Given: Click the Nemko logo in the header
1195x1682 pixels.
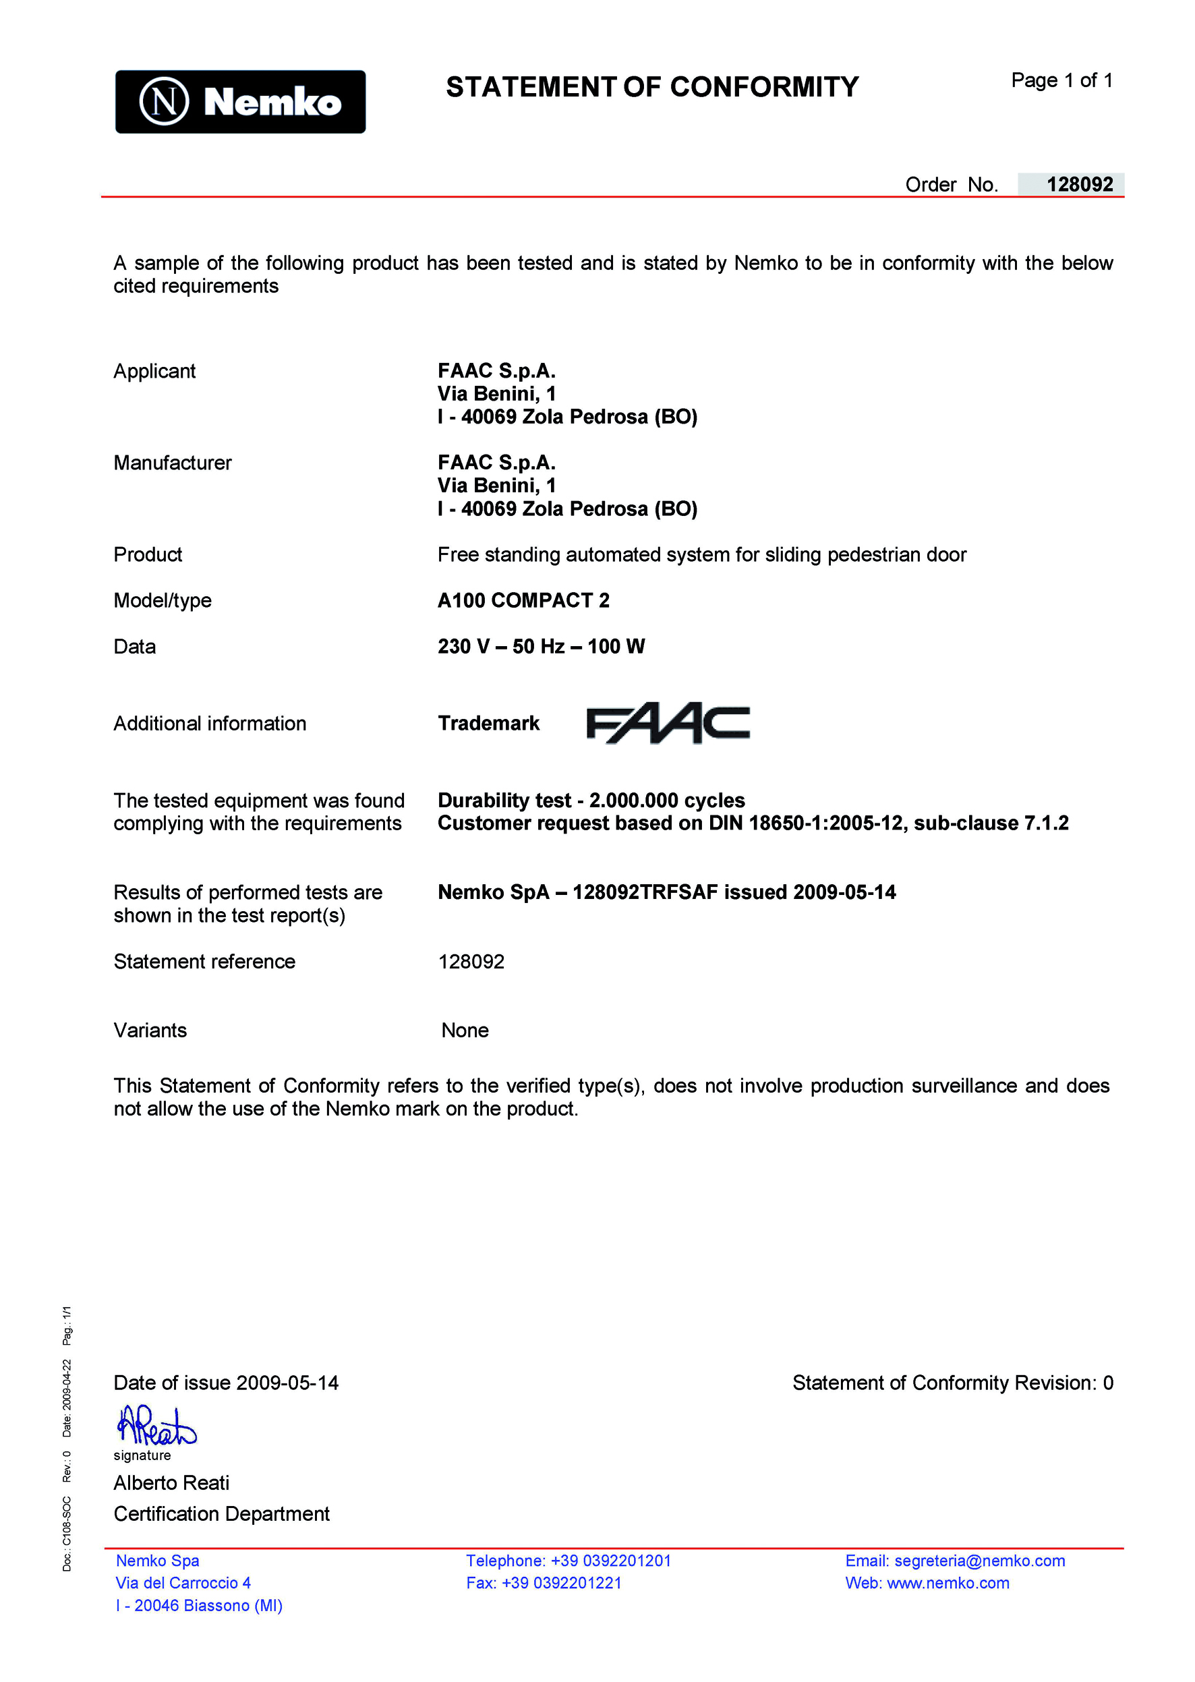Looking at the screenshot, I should click(x=240, y=102).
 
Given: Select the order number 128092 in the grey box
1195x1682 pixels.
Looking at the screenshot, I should click(x=1079, y=184).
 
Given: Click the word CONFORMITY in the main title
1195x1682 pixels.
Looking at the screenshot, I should click(x=764, y=87).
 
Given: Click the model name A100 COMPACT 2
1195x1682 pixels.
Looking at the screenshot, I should click(x=523, y=600).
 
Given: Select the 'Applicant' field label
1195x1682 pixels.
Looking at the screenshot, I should click(x=154, y=371).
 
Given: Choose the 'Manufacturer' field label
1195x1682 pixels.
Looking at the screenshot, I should click(x=172, y=463).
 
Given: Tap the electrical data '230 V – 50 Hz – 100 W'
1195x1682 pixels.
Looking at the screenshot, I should click(x=541, y=646).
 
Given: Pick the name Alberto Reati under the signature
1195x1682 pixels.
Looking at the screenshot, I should click(x=171, y=1482).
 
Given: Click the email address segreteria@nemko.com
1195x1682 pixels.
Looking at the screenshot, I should click(x=979, y=1561).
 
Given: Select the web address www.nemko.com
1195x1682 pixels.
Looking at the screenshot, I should click(x=948, y=1583).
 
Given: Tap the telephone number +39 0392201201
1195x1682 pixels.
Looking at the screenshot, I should click(x=611, y=1561).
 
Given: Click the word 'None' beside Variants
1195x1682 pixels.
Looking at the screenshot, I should click(x=465, y=1030).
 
